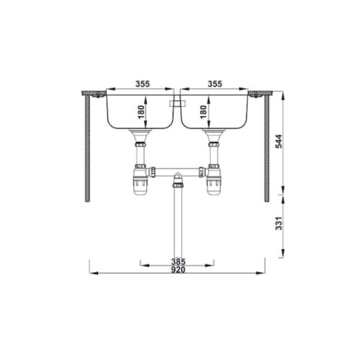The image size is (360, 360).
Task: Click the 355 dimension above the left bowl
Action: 141,84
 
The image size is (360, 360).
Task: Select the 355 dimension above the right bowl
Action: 215,84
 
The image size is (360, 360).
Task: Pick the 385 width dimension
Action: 178,261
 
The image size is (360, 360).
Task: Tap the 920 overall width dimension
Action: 178,271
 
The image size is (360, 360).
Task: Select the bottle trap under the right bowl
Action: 214,184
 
